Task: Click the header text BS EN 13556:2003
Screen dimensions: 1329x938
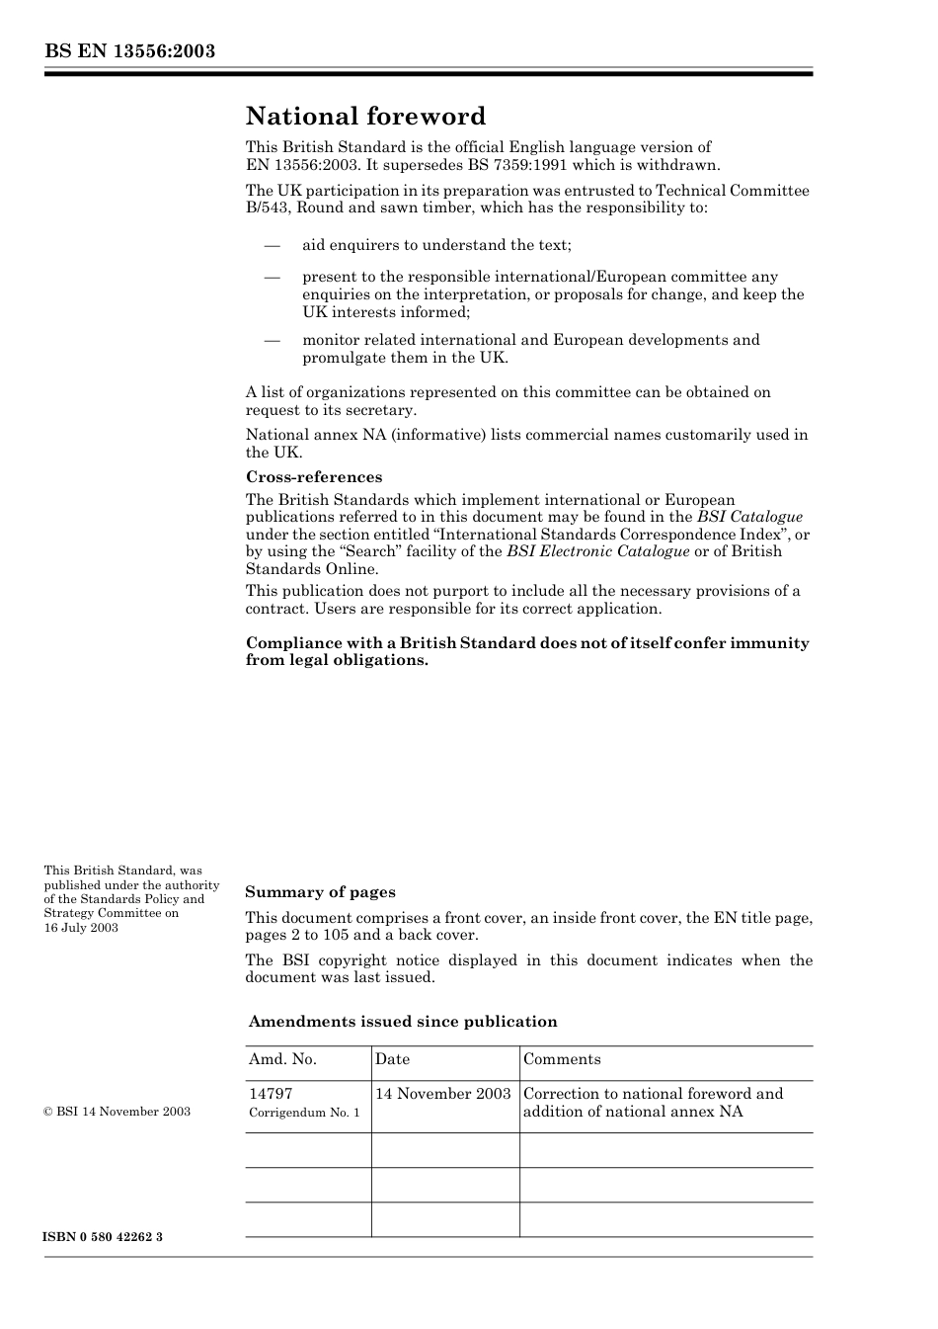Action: point(129,50)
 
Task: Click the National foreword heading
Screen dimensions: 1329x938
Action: point(365,117)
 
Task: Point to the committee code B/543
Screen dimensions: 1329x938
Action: point(267,208)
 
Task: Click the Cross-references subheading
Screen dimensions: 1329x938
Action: point(314,476)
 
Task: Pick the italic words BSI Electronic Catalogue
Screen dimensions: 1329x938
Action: point(597,551)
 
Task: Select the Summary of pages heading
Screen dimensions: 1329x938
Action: point(320,892)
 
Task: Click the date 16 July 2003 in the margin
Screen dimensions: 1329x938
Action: point(81,928)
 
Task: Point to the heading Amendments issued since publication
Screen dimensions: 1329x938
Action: point(403,1022)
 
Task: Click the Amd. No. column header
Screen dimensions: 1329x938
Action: point(282,1059)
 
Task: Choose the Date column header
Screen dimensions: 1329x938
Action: point(392,1059)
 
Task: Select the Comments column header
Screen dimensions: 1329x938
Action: point(562,1059)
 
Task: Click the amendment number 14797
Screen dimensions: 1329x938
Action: point(271,1094)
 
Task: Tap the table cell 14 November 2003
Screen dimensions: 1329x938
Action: point(443,1094)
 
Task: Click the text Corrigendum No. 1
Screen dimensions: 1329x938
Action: point(304,1113)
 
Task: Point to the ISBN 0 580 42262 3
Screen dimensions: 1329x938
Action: point(103,1237)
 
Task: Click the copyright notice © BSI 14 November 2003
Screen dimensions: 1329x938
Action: point(117,1112)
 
